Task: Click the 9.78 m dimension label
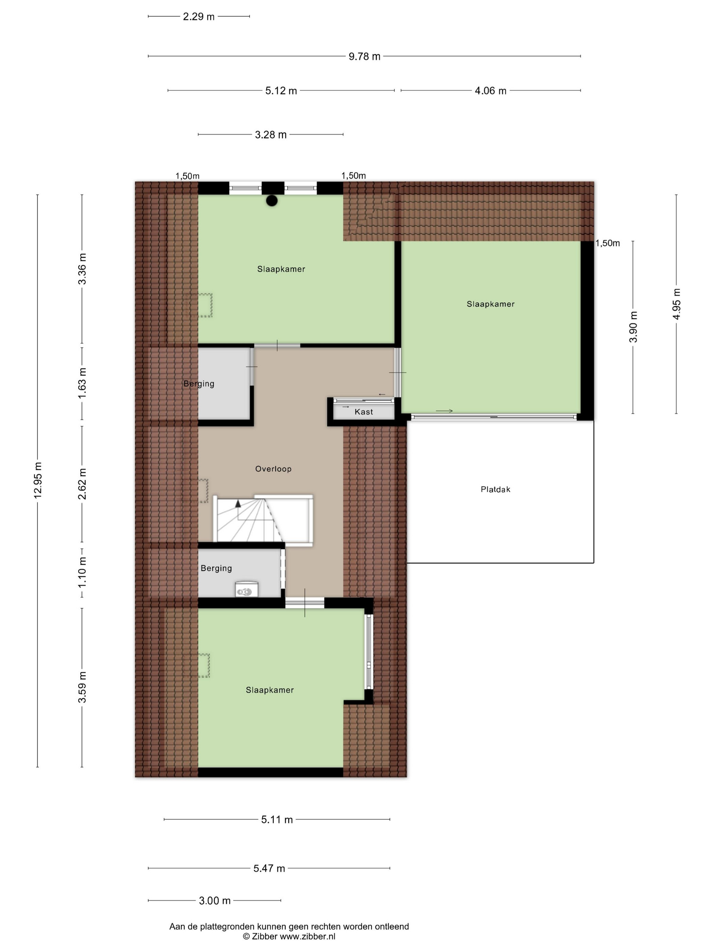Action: click(364, 56)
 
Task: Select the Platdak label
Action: click(495, 489)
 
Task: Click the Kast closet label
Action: click(364, 412)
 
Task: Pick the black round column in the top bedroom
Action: click(272, 201)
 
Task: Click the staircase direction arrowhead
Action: click(238, 502)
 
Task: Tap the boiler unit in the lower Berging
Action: click(247, 589)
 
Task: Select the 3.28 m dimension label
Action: click(271, 135)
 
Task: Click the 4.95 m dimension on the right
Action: click(677, 304)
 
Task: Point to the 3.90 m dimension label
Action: click(633, 327)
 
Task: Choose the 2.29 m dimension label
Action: click(199, 17)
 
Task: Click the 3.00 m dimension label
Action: click(215, 901)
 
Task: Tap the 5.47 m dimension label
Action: click(269, 868)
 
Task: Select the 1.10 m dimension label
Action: click(82, 573)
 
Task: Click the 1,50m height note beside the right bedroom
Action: click(608, 243)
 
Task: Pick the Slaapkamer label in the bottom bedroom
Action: click(270, 690)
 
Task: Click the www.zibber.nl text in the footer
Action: click(308, 936)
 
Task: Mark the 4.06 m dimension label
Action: click(491, 91)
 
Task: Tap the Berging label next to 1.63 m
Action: click(199, 384)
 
